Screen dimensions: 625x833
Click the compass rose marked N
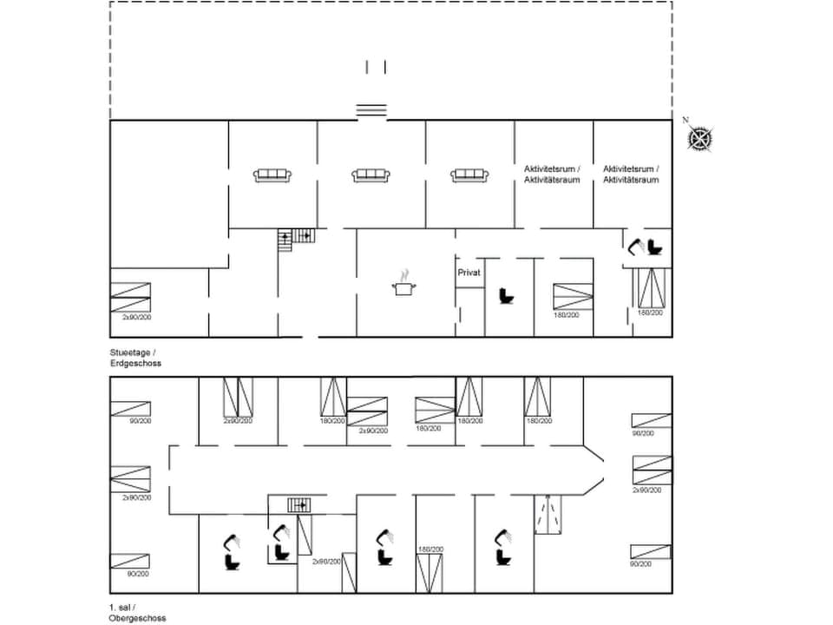click(700, 137)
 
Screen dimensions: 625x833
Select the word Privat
click(469, 273)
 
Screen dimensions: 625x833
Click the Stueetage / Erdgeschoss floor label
click(135, 358)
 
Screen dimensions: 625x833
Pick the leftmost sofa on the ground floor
click(272, 175)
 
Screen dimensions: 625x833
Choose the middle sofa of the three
click(371, 175)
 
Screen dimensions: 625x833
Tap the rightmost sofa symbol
click(469, 175)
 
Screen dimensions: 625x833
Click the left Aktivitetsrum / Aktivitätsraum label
click(554, 174)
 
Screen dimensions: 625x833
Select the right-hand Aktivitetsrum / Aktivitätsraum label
click(632, 174)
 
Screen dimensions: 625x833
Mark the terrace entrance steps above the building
click(371, 109)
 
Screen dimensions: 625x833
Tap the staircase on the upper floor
click(299, 504)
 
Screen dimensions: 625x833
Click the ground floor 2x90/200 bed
click(130, 297)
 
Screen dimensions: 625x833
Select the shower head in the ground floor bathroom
click(637, 246)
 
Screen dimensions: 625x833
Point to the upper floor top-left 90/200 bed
click(130, 408)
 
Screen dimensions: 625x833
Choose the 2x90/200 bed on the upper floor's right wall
click(652, 470)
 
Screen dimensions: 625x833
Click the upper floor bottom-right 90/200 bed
click(651, 551)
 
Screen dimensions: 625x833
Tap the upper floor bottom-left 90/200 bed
click(130, 561)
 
